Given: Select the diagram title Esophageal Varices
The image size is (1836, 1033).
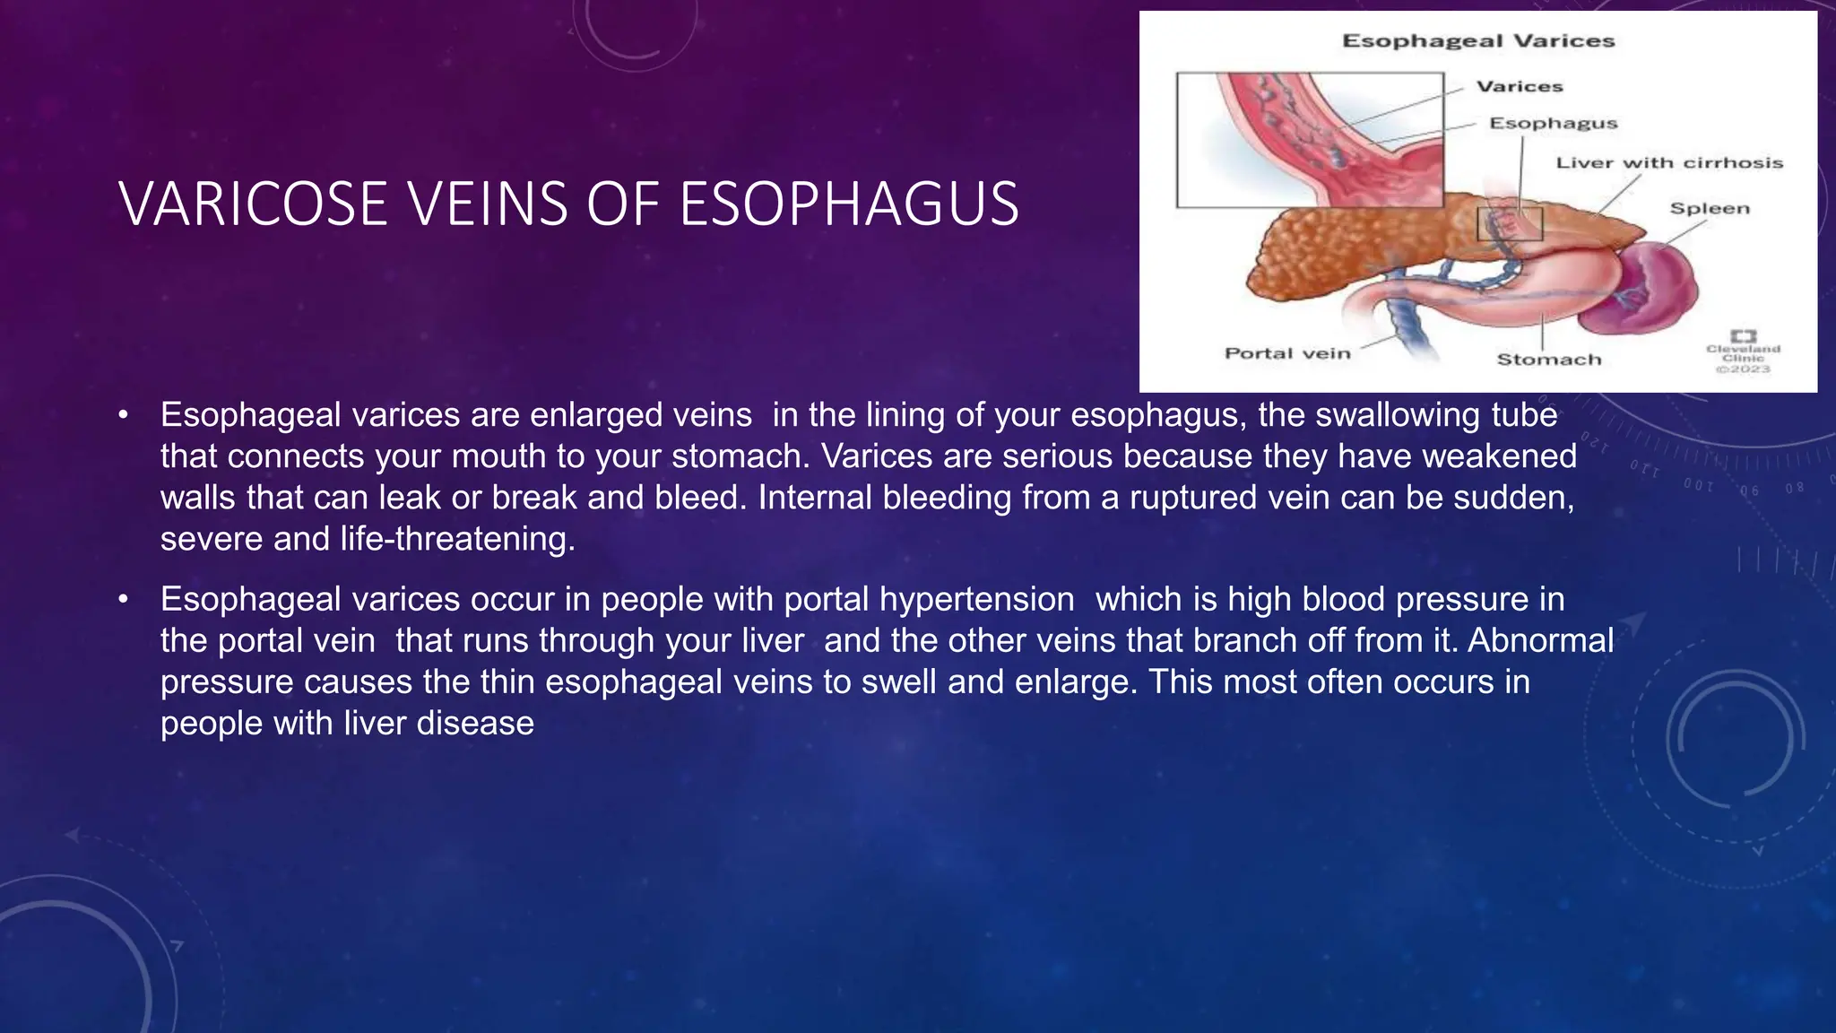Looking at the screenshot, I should (x=1477, y=41).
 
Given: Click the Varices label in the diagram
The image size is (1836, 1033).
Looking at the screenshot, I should (x=1520, y=87).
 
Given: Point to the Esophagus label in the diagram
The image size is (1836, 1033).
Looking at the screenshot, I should (x=1553, y=124).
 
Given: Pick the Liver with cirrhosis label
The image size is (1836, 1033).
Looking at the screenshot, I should (x=1669, y=163).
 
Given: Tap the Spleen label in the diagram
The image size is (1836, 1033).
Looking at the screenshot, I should (x=1709, y=209).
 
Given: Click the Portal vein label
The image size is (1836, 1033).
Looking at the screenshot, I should (x=1287, y=353).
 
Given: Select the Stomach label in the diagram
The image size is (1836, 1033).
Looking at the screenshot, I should (x=1548, y=360).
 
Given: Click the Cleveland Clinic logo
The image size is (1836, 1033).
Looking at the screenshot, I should (x=1743, y=351).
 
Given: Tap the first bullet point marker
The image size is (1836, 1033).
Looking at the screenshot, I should (x=124, y=415).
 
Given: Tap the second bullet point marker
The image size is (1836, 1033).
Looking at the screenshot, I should (x=124, y=599).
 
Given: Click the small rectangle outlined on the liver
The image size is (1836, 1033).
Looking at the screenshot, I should (x=1510, y=223).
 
